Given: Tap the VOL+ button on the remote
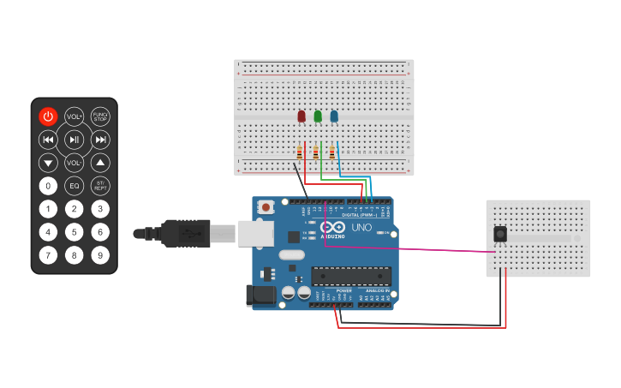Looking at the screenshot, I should pyautogui.click(x=75, y=116).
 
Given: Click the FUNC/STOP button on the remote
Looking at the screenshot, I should pyautogui.click(x=100, y=116).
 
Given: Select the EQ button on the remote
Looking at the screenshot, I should pyautogui.click(x=75, y=185).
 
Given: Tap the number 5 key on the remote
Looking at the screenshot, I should pyautogui.click(x=75, y=231).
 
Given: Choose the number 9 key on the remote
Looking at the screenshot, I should pyautogui.click(x=100, y=254).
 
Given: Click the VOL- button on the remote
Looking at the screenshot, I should pyautogui.click(x=75, y=162).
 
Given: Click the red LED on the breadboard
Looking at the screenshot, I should pyautogui.click(x=302, y=116).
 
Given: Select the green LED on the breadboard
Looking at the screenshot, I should pyautogui.click(x=318, y=116).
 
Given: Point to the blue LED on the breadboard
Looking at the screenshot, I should pyautogui.click(x=334, y=116).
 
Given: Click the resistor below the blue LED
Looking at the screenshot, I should pyautogui.click(x=332, y=152).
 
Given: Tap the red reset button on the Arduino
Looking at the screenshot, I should pyautogui.click(x=267, y=207).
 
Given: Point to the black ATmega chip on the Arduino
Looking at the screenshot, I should pyautogui.click(x=351, y=276).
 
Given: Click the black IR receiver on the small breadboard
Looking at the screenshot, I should pyautogui.click(x=500, y=234).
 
